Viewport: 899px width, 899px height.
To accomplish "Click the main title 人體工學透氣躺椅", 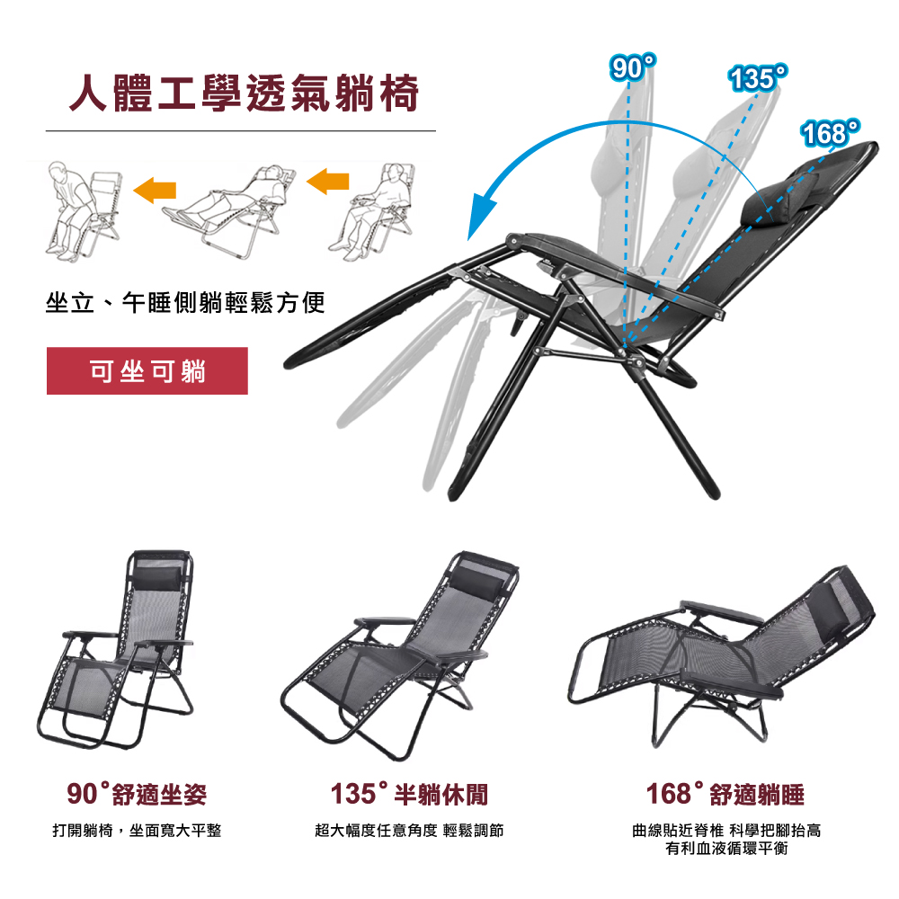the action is coord(244,93).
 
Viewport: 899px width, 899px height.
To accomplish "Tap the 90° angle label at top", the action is coord(632,67).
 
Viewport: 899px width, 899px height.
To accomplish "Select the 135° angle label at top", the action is coord(758,78).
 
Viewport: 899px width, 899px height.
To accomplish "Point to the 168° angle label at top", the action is coord(831,133).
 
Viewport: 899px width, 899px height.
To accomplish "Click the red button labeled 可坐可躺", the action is coord(147,371).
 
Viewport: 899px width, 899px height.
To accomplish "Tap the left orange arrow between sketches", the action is coord(155,190).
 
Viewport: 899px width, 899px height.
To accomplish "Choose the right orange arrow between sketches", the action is coord(328,182).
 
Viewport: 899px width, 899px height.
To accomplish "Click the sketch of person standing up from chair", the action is coord(84,210).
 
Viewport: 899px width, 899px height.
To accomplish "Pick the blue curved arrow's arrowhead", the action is coord(479,217).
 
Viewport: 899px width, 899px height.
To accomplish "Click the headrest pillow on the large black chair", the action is coord(779,197).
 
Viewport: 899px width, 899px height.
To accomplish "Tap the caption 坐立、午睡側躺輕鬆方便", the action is coord(185,303).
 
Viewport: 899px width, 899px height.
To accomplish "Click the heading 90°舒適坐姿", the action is coord(137,794).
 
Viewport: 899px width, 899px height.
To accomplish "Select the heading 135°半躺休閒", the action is coord(409,794).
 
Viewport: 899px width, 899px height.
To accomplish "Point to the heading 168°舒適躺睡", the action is coord(725,794).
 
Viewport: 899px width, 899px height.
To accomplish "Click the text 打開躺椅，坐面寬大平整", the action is coord(137,830).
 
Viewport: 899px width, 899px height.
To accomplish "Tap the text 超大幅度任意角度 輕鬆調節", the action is coord(409,830).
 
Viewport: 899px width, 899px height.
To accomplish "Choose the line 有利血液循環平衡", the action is coord(726,849).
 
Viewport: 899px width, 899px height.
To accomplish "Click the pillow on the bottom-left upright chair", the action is coord(156,580).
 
